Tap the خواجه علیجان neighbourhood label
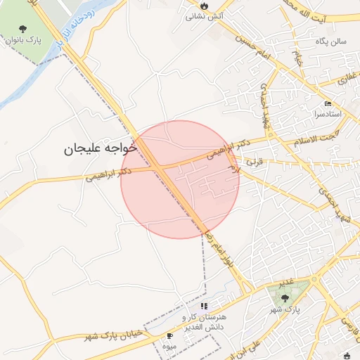(x=98, y=148)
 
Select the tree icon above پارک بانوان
(x=24, y=30)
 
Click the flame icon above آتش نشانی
(x=204, y=4)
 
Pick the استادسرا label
(x=328, y=113)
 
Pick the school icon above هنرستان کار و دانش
(x=205, y=307)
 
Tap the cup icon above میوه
(x=169, y=337)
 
